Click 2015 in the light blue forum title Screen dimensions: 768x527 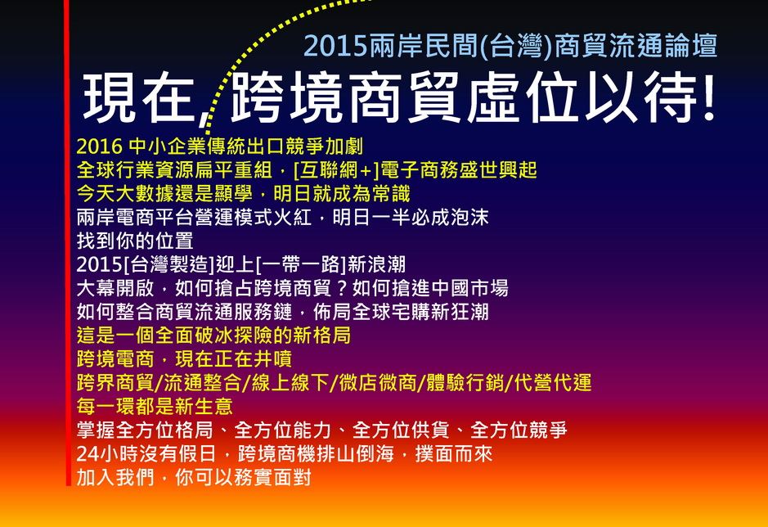335,46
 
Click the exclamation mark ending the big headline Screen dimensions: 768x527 707,97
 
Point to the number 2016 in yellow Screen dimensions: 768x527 100,146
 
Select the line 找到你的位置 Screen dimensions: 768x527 135,241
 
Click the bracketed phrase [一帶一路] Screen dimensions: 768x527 301,264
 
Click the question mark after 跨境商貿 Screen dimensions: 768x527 343,288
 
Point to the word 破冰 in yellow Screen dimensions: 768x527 214,336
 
